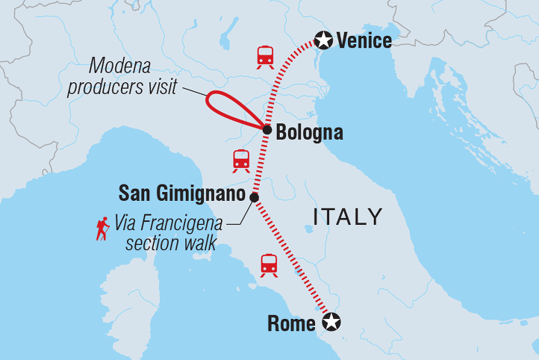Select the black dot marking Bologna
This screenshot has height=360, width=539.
pyautogui.click(x=267, y=130)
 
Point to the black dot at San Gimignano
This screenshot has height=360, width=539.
pyautogui.click(x=254, y=197)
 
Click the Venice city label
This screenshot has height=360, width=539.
pyautogui.click(x=364, y=40)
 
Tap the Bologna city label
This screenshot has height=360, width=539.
pyautogui.click(x=309, y=134)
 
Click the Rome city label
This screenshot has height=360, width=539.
pyautogui.click(x=291, y=323)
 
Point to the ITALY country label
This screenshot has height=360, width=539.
pyautogui.click(x=348, y=217)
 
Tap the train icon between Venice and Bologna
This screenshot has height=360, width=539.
pyautogui.click(x=264, y=57)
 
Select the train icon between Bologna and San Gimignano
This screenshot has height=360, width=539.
pyautogui.click(x=240, y=160)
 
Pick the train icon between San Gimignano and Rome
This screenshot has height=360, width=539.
pyautogui.click(x=269, y=264)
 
